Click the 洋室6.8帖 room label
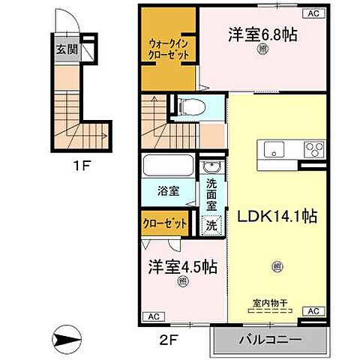point(259,34)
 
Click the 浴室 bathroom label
point(168,190)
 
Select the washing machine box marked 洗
point(211,223)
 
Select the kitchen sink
point(271,147)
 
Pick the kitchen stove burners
point(312,147)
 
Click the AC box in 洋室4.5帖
point(152,316)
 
